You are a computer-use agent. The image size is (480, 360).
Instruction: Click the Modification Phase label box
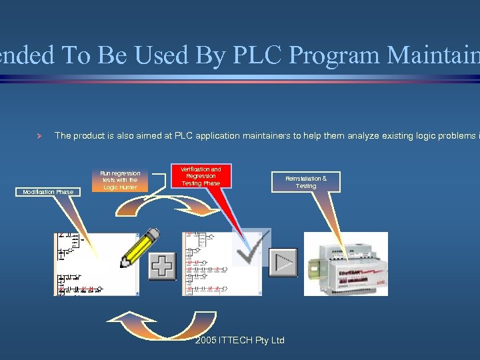tap(48, 192)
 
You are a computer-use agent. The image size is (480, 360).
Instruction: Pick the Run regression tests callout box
tap(121, 181)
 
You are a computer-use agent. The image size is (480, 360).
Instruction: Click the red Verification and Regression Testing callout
tap(201, 177)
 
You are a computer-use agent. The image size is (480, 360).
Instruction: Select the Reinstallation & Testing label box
tap(306, 182)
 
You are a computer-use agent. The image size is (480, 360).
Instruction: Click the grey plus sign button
tap(161, 266)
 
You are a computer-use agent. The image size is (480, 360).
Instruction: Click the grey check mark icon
tap(252, 247)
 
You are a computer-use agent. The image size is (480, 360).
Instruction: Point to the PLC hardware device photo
tap(345, 264)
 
